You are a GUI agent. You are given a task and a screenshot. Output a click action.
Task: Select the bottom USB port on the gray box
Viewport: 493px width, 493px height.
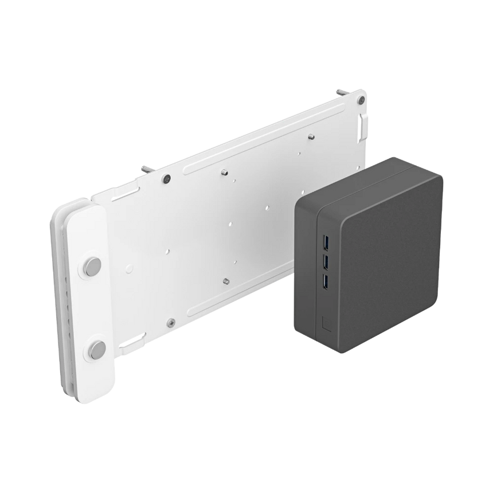pyautogui.click(x=326, y=281)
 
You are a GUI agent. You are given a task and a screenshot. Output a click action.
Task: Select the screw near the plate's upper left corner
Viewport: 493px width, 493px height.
pyautogui.click(x=166, y=178)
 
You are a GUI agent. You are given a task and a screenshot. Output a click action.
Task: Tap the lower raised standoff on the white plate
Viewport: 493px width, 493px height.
pyautogui.click(x=226, y=280)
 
